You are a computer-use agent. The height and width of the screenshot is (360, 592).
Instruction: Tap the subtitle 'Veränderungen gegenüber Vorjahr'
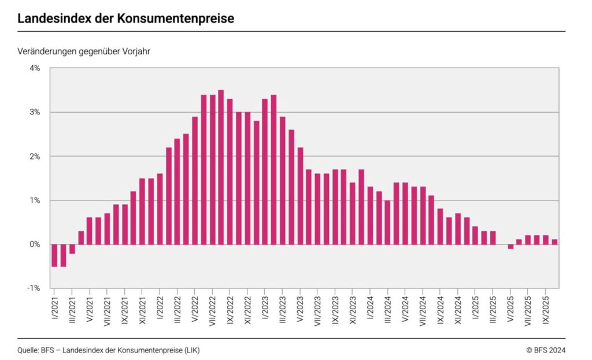click(84, 51)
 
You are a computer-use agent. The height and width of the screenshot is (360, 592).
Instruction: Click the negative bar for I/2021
click(54, 255)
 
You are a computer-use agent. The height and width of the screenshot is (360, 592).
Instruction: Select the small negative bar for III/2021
click(72, 249)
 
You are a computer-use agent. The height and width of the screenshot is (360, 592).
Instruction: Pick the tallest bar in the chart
click(221, 167)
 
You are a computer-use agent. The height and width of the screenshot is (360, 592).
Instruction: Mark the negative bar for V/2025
click(510, 247)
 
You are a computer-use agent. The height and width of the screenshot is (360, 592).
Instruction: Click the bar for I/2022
click(160, 209)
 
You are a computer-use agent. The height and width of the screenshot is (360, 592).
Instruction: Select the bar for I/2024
click(370, 216)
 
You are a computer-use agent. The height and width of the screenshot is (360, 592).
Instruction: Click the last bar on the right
click(554, 242)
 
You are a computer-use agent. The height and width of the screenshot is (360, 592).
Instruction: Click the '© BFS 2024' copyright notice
click(546, 350)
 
